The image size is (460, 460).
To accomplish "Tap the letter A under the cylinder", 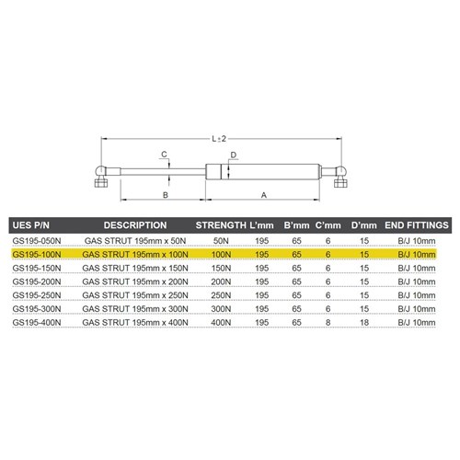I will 264,196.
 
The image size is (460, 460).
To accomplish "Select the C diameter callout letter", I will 163,154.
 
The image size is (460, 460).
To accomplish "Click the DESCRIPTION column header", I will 134,224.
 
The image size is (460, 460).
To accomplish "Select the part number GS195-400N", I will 36,323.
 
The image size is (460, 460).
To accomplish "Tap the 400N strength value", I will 220,323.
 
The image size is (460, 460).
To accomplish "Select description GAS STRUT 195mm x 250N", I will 134,294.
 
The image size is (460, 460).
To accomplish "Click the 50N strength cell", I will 220,238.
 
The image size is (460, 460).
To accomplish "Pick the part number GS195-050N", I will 36,238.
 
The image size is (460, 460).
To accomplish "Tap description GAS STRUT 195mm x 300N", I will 134,309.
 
